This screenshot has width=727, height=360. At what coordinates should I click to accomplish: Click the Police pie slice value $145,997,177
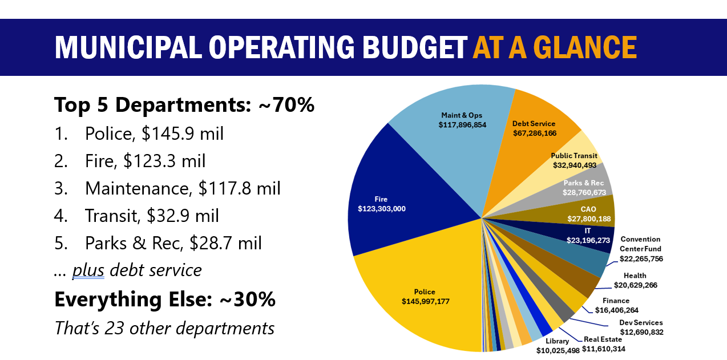point(425,301)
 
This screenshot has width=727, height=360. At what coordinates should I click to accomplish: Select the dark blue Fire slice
point(399,188)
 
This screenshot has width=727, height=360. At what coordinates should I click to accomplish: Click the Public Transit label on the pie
point(574,156)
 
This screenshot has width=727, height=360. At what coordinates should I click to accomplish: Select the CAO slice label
point(588,209)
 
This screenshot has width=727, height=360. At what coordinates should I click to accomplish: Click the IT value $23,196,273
point(588,240)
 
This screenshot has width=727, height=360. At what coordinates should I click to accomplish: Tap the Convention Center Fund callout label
point(640,244)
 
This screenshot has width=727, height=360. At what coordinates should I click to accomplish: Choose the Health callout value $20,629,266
point(635,285)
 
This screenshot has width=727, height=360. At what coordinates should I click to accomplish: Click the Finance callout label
point(616,301)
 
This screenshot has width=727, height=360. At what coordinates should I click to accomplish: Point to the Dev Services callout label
point(641,323)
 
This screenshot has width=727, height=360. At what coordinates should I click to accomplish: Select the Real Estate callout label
point(603,339)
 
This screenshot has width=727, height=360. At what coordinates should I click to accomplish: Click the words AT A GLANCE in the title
point(554,47)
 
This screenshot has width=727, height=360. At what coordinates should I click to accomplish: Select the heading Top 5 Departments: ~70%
point(184,104)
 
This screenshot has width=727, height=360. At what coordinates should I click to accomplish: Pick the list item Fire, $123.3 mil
point(145,161)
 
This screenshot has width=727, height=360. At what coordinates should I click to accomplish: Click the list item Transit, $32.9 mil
point(152,216)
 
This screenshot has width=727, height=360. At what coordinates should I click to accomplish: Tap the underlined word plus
point(88,270)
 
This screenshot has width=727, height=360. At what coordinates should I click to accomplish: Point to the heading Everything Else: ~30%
point(165,300)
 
